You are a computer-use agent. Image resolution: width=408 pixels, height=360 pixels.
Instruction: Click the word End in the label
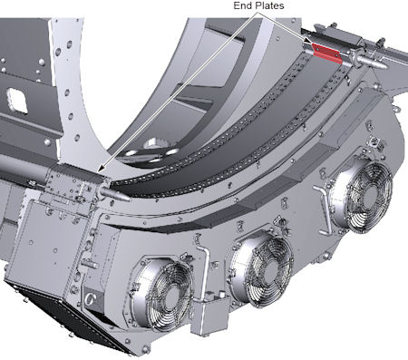tap(242, 5)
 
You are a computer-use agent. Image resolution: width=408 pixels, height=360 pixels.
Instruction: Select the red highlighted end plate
tap(327, 54)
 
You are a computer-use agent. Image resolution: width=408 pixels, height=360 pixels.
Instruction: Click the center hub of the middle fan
tap(270, 268)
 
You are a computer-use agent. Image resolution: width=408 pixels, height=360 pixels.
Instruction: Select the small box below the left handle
tap(210, 316)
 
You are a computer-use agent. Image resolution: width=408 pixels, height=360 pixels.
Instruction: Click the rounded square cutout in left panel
tap(17, 100)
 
